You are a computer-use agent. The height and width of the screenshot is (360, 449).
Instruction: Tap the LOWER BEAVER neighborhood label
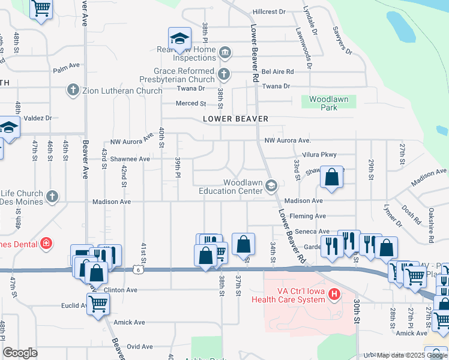pos(235,119)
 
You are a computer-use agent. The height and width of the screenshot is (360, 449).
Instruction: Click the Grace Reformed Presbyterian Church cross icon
pos(224,74)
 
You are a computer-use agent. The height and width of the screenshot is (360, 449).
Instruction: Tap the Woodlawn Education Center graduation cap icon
pos(271,186)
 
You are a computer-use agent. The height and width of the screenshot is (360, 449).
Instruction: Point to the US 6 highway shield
pos(140,271)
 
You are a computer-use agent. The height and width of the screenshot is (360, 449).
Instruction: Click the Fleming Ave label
pos(309,216)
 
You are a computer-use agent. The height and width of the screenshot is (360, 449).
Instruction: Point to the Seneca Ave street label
pos(315,232)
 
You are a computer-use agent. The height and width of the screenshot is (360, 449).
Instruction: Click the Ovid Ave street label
pos(140,346)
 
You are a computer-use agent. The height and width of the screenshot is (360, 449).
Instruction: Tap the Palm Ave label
pos(67,66)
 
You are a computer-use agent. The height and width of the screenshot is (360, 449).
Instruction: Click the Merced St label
pos(191,103)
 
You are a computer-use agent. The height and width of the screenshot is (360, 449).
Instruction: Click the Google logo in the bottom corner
pos(20,353)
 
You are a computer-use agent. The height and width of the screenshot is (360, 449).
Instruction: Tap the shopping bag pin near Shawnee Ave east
pos(331,177)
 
